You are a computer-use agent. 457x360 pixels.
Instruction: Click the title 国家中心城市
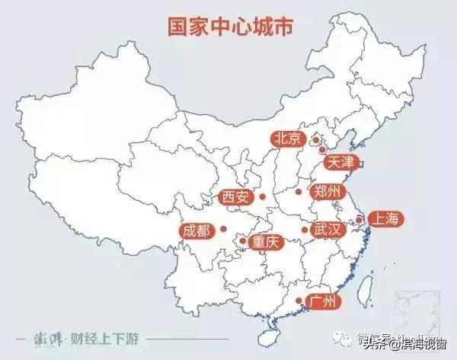(x=228, y=25)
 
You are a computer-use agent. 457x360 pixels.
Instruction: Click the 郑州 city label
(x=328, y=191)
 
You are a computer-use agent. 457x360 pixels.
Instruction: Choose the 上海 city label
(x=382, y=219)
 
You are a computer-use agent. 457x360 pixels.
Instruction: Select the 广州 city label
(x=322, y=301)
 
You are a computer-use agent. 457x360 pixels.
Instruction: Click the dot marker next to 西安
(x=261, y=197)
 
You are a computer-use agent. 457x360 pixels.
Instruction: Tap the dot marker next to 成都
(x=222, y=228)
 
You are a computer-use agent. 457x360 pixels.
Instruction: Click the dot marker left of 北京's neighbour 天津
(x=322, y=150)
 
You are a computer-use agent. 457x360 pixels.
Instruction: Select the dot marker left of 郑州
(x=299, y=192)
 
